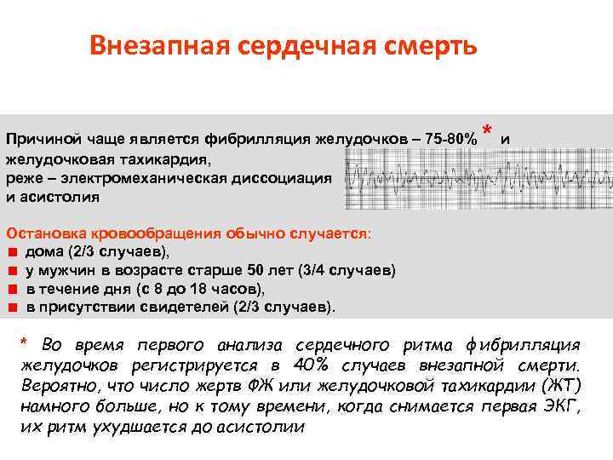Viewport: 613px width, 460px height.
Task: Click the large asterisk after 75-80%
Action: [x=487, y=130]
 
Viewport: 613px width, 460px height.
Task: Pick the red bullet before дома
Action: [x=12, y=252]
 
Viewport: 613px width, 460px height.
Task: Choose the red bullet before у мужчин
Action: [x=12, y=270]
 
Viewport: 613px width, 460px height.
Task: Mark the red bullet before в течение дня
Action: [x=12, y=289]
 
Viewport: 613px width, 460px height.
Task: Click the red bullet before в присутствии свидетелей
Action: [x=12, y=307]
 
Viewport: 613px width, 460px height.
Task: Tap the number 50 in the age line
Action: [x=255, y=270]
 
